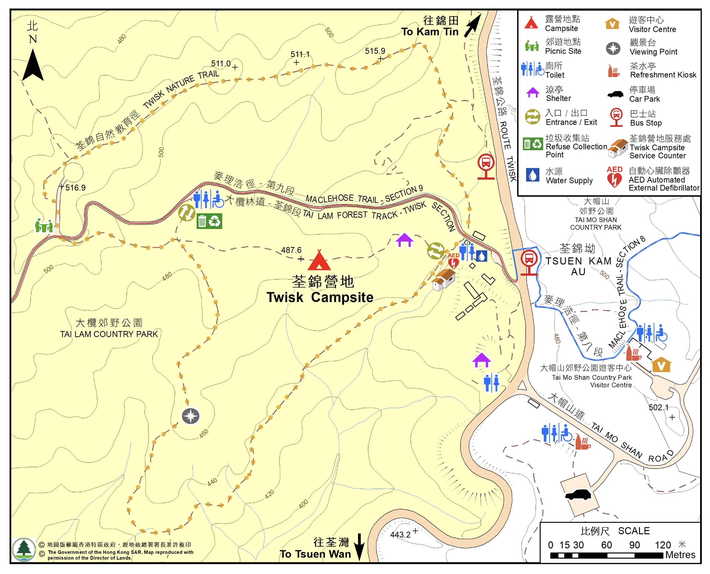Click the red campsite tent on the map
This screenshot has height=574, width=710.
(x=319, y=260)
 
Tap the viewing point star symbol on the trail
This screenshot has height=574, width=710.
(x=190, y=416)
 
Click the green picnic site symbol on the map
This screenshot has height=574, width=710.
(x=44, y=226)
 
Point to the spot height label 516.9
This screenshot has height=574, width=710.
(x=75, y=188)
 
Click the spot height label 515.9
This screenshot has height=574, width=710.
(x=375, y=51)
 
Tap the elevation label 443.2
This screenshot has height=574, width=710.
(x=400, y=534)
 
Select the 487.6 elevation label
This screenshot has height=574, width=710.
(x=291, y=250)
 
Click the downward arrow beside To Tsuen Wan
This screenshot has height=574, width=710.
(x=359, y=547)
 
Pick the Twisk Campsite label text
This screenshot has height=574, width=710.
(x=320, y=297)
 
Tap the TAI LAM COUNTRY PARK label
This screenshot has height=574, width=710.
(x=109, y=334)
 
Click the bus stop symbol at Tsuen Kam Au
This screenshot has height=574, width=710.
(x=529, y=262)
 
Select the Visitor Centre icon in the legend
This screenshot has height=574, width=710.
(x=612, y=24)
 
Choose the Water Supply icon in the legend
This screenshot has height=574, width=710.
(x=532, y=175)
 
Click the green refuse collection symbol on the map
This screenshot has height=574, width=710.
(x=209, y=221)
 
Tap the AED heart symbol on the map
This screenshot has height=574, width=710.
(x=453, y=262)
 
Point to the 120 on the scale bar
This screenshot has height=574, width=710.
(x=663, y=545)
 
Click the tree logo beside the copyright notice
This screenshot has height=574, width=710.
(x=24, y=549)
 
